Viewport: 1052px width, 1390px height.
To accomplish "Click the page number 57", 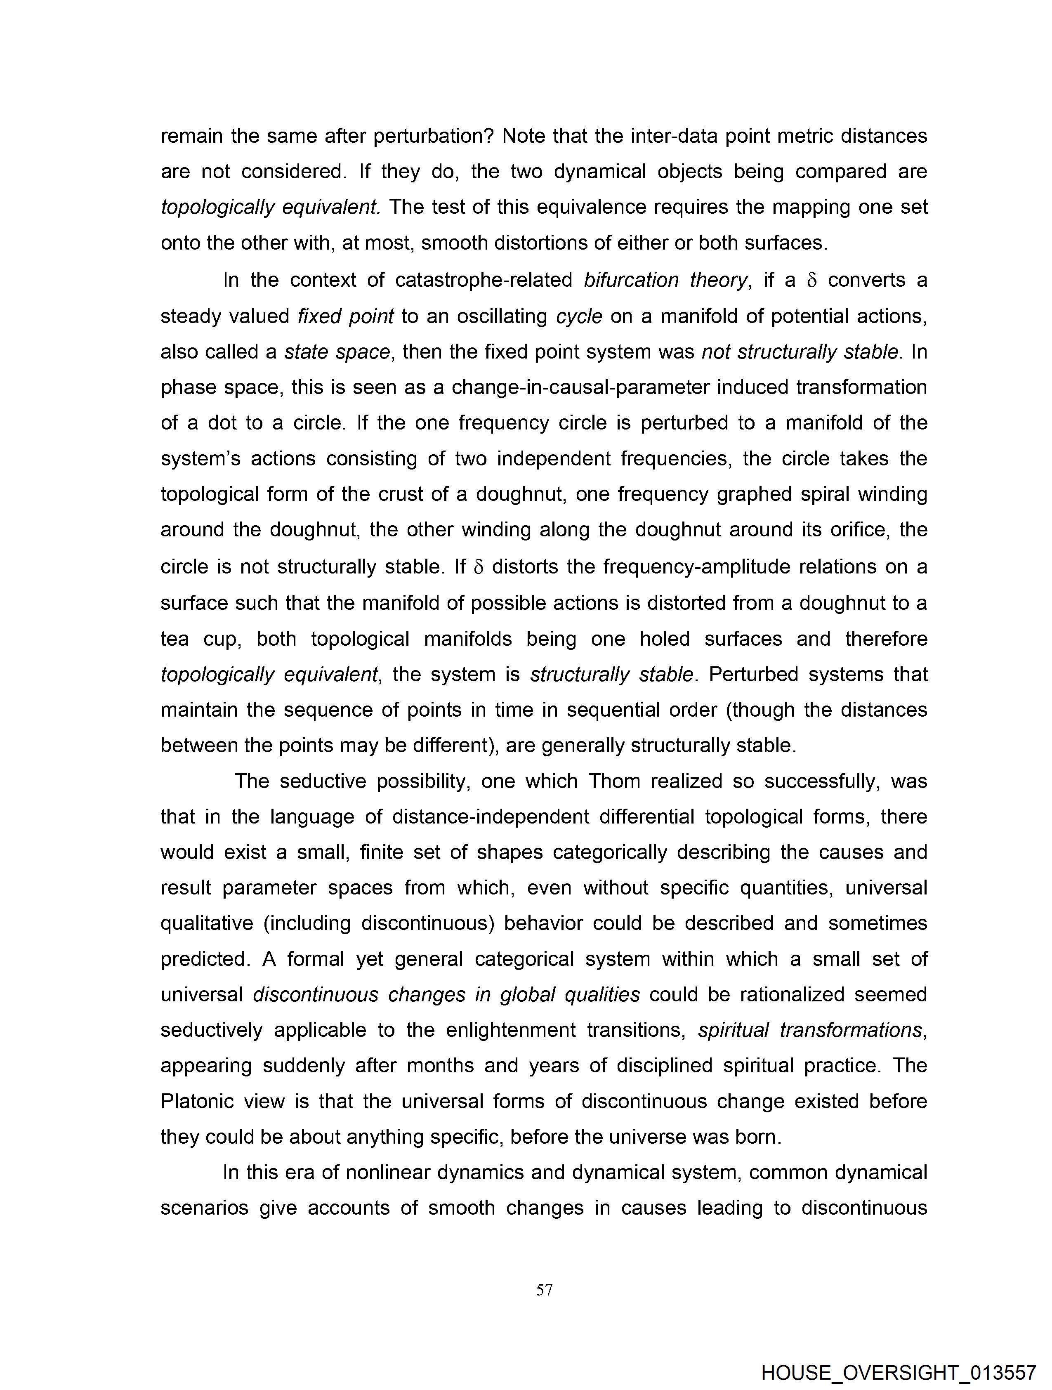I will point(544,1290).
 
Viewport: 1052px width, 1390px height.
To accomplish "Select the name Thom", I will point(613,781).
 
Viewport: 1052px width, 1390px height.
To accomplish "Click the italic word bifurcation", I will point(631,280).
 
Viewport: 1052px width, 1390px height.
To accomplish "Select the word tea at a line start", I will point(175,639).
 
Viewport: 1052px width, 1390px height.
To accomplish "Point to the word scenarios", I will point(204,1208).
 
